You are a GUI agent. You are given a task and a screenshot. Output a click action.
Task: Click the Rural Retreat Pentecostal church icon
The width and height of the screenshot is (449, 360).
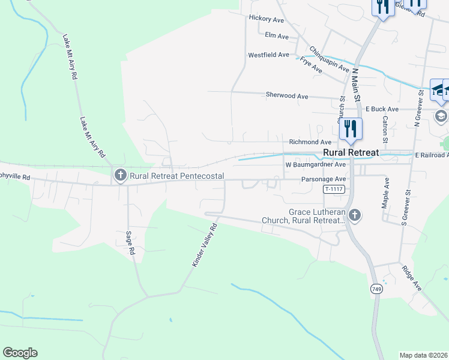coord(120,175)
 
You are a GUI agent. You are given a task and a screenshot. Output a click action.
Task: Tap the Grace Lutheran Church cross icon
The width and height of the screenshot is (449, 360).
coord(355,215)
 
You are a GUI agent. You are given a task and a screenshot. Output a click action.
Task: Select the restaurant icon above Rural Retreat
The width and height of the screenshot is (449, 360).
coord(350,129)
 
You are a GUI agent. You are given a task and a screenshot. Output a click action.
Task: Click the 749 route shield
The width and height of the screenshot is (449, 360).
coord(376,289)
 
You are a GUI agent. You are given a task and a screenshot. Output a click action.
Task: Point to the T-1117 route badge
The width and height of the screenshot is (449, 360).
coord(334,189)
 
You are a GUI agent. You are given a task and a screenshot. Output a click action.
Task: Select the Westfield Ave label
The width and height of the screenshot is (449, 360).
coord(269,55)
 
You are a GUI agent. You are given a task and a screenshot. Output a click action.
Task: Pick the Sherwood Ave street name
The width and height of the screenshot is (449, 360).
coord(287,96)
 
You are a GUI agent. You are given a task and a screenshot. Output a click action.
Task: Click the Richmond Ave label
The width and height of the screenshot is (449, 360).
coord(310,142)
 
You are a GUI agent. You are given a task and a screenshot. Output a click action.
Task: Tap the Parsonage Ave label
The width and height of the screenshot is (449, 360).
coord(324,179)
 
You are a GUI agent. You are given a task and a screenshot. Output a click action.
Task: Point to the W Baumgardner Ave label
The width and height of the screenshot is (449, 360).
coord(316,164)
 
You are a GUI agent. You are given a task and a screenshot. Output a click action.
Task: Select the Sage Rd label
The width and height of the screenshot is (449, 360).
coord(129,244)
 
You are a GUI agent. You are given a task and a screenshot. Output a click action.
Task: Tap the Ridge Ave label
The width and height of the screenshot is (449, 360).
coord(412,278)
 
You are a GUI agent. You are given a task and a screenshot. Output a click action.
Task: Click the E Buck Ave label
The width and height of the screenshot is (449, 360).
coord(382,109)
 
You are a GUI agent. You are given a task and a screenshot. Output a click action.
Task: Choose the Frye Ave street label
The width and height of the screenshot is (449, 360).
coord(312,65)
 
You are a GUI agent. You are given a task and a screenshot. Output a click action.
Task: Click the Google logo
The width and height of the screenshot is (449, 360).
coord(20,353)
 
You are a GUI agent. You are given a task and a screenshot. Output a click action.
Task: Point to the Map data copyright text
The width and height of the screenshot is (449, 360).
coord(423,355)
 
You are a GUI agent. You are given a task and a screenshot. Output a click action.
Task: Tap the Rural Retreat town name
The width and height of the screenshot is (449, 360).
coord(351,152)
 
